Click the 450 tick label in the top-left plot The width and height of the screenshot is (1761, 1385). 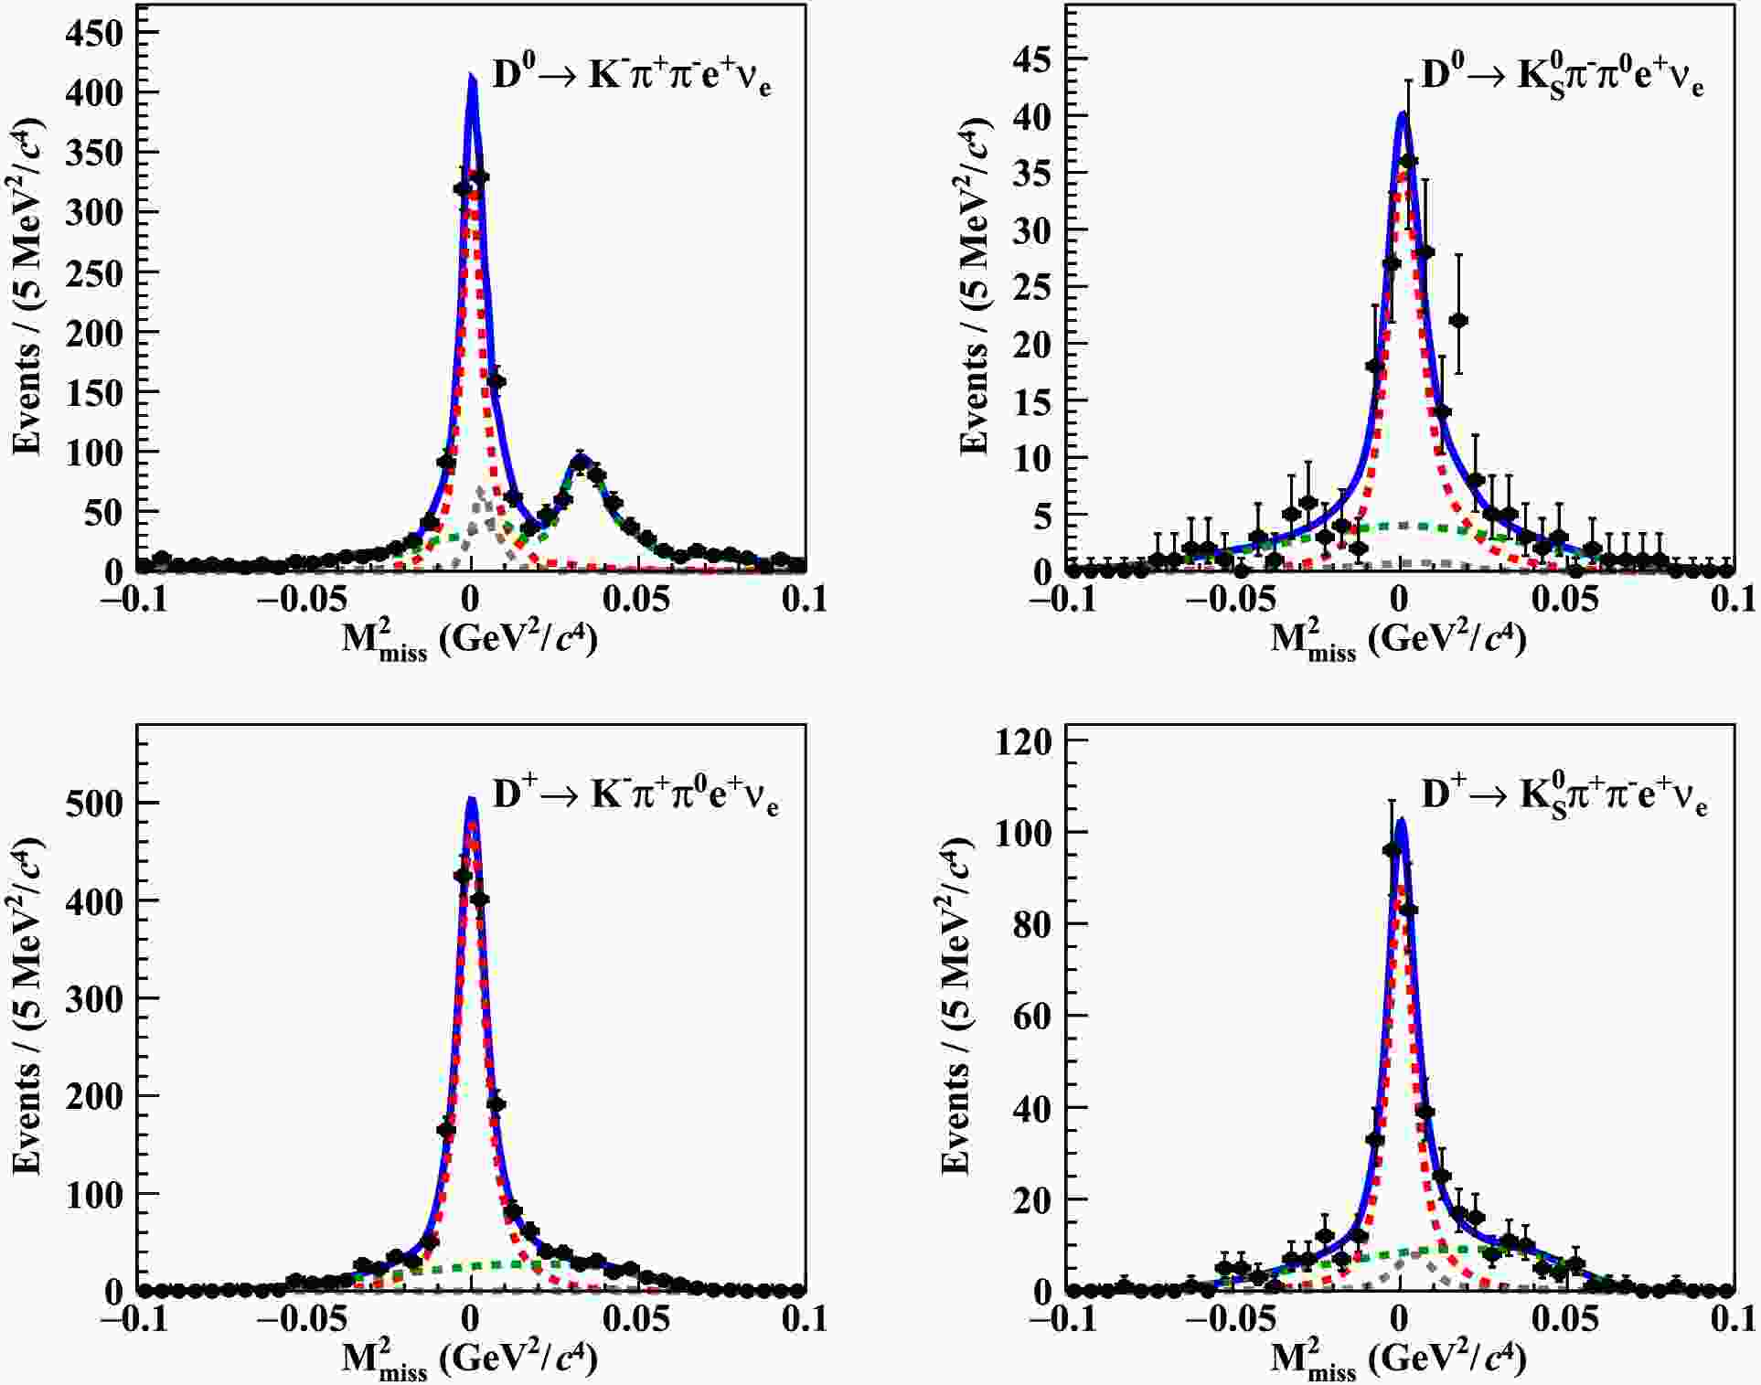tap(93, 33)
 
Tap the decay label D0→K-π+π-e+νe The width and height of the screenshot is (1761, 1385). tap(631, 75)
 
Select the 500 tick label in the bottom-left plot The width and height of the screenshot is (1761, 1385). tap(93, 803)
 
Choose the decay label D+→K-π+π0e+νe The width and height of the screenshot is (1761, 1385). tap(635, 794)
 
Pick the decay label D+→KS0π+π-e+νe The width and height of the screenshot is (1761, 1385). tap(1564, 796)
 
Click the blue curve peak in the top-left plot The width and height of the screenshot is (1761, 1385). tap(472, 77)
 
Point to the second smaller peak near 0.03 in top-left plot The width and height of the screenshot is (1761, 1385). tap(580, 458)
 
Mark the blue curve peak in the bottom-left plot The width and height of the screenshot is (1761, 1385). tap(472, 799)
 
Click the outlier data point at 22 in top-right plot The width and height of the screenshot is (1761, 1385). tap(1458, 320)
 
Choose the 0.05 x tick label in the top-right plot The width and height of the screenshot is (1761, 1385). tap(1565, 600)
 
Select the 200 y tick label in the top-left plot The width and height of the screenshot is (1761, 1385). tap(93, 333)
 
